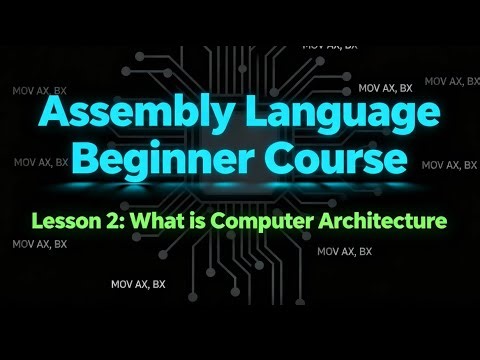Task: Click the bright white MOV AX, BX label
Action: tap(138, 284)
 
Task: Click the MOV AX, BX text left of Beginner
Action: tap(40, 160)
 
